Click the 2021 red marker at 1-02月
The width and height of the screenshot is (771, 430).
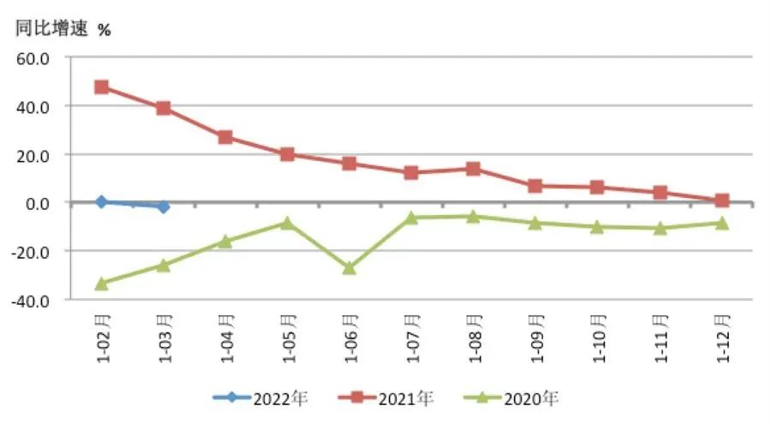[x=101, y=87]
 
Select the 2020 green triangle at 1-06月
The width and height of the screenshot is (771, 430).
[x=350, y=268]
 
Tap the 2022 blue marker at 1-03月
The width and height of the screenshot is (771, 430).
[x=164, y=206]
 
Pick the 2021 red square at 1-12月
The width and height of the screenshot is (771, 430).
[x=721, y=200]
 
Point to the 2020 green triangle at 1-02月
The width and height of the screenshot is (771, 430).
[x=101, y=283]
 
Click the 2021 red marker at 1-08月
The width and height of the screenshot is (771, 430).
[x=474, y=169]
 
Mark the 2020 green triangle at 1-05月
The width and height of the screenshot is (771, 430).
[x=287, y=223]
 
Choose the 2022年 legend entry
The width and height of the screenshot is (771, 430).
[x=260, y=398]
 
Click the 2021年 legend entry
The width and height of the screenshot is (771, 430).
[x=385, y=398]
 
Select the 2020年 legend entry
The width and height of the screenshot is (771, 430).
[x=511, y=398]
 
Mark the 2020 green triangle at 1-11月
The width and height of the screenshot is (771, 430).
[x=660, y=228]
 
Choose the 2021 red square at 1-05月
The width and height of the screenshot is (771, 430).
[x=287, y=154]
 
